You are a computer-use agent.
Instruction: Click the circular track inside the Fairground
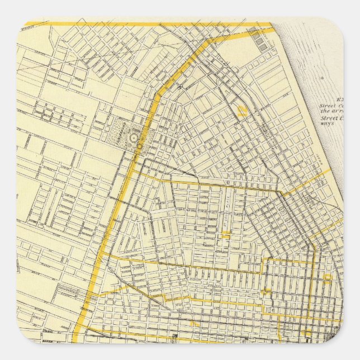(134, 138)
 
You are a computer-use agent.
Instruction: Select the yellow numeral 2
(242, 111)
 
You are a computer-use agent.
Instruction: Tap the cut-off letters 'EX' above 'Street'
(339, 100)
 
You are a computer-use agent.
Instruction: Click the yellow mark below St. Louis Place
(226, 235)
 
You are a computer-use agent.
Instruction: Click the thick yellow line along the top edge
(145, 24)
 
